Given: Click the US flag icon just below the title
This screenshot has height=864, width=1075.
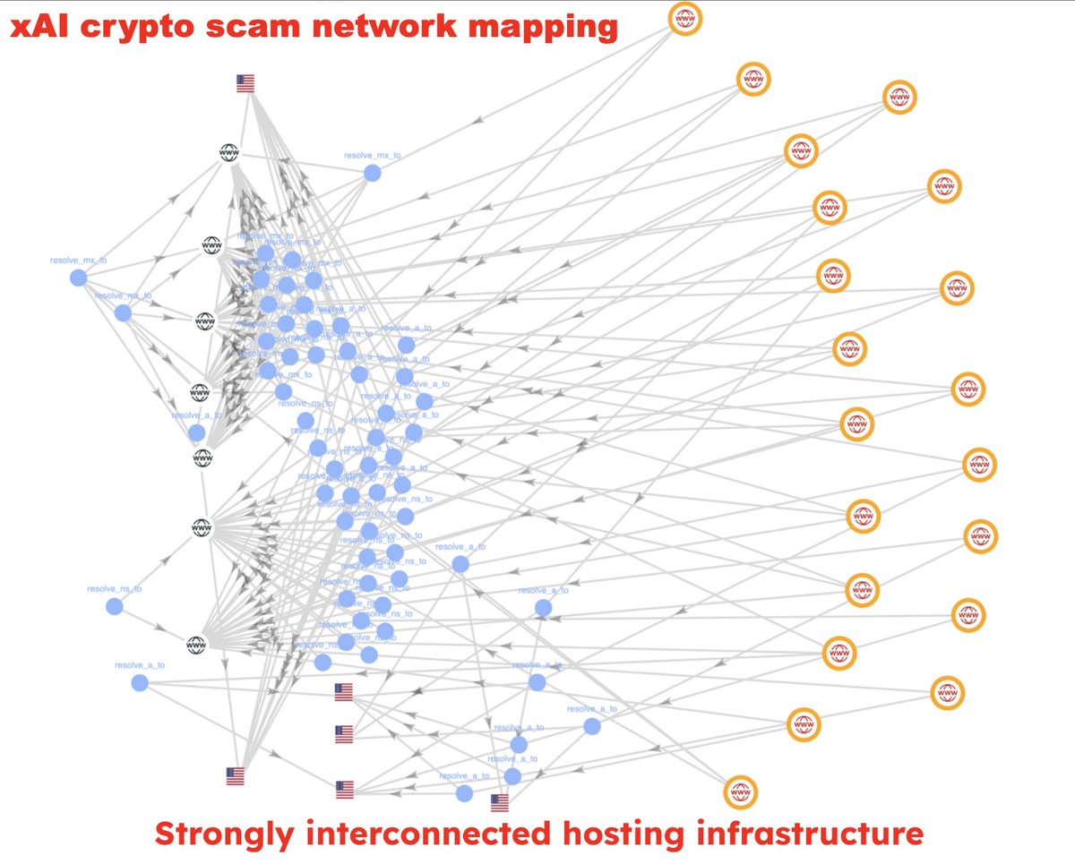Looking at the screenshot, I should pos(245,84).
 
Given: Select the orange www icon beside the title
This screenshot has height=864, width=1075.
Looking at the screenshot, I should pos(685,19).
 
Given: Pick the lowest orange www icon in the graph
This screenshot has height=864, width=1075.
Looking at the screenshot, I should pos(741,792).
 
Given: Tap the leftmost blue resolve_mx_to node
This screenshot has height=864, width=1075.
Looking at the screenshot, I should pos(78,278).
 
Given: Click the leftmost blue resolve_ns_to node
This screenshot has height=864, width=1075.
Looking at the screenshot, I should pos(114,606).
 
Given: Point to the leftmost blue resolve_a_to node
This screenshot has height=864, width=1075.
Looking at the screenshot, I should pos(139,683).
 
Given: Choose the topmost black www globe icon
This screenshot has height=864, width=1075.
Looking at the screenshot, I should pos(229,153).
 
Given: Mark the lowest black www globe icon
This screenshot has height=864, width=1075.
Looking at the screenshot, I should pos(197,644).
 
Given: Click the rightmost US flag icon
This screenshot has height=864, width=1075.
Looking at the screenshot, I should pos(500,802).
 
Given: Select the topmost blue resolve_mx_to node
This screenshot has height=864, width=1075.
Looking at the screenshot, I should pos(372,173).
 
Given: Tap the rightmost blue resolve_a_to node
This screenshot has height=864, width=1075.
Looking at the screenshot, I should pos(591,726).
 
